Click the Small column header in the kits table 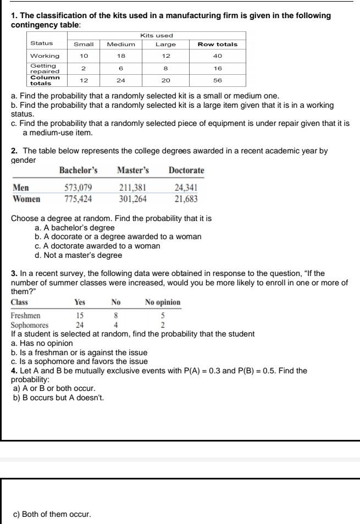click(x=84, y=44)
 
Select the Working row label click(x=45, y=56)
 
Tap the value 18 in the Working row click(x=121, y=56)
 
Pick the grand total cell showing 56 click(x=218, y=80)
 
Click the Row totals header click(x=218, y=44)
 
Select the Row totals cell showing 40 click(x=218, y=56)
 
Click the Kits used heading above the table click(x=157, y=35)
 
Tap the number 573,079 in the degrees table click(x=79, y=189)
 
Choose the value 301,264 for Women click(x=132, y=198)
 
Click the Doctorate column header click(x=186, y=170)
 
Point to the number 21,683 click(x=186, y=198)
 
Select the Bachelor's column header click(x=79, y=170)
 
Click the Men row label click(x=21, y=189)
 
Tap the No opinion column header click(x=163, y=302)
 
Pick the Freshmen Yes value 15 click(x=80, y=316)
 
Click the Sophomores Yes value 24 click(x=80, y=324)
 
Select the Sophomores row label click(x=30, y=324)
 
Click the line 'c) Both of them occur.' click(x=52, y=514)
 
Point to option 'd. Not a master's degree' click(x=78, y=255)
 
